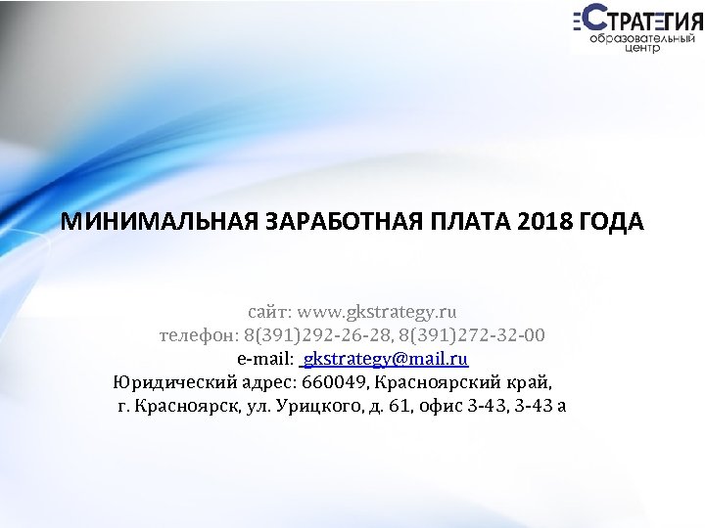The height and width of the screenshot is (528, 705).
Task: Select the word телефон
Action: pos(197,335)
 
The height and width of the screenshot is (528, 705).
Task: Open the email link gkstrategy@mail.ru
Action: pos(387,358)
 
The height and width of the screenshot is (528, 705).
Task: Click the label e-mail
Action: pos(264,358)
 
